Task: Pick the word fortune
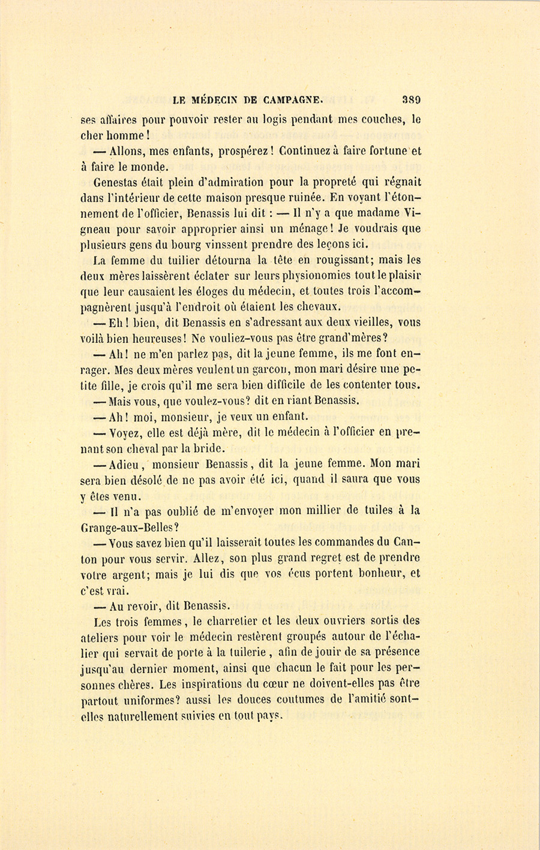pyautogui.click(x=387, y=151)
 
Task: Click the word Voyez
pyautogui.click(x=127, y=432)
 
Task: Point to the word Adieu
pyautogui.click(x=124, y=463)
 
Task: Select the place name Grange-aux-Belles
pyautogui.click(x=127, y=527)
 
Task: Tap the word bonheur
pyautogui.click(x=380, y=574)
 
